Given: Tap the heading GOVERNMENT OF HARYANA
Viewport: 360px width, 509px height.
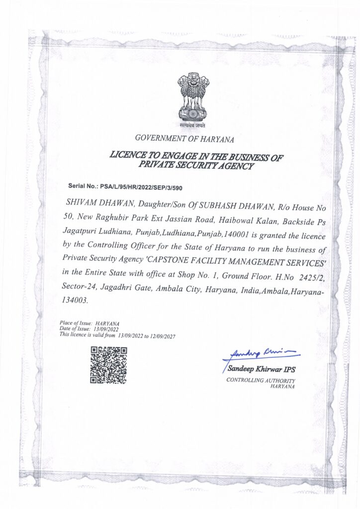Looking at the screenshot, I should pos(184,139).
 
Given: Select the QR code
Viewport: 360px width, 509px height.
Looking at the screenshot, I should pos(108,365).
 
